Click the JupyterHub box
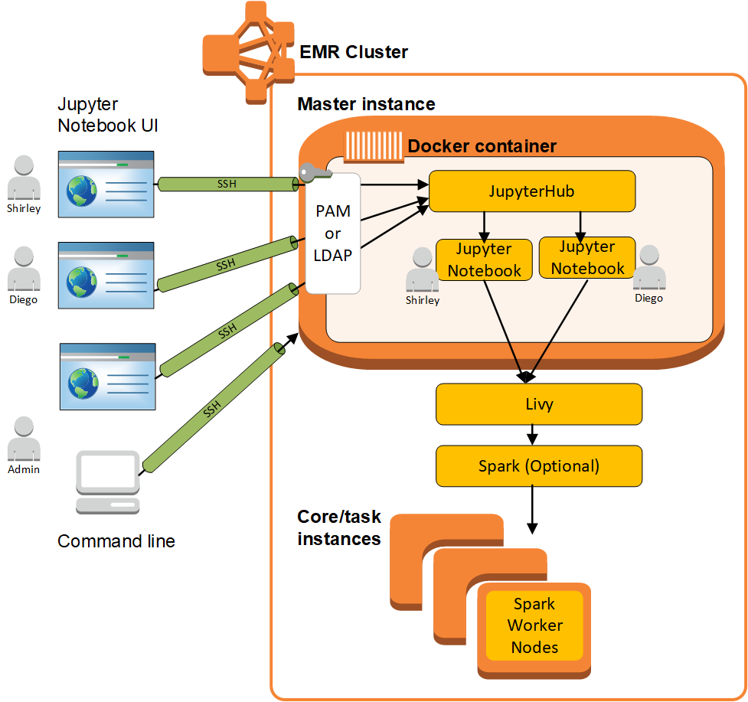[532, 191]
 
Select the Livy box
[538, 404]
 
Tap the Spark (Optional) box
[538, 465]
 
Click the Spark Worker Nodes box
[534, 625]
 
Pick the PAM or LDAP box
[333, 233]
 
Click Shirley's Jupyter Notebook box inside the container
[484, 260]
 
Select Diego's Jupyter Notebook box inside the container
[587, 257]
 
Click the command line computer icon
[108, 482]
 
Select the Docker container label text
[482, 145]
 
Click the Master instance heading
[366, 104]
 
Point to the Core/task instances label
[338, 527]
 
